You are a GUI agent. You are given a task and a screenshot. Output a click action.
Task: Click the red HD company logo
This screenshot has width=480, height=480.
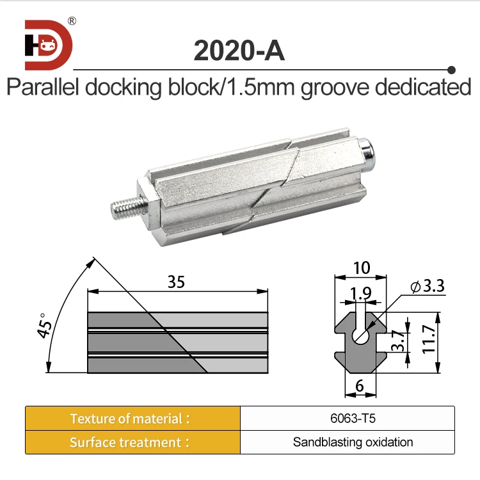(49, 44)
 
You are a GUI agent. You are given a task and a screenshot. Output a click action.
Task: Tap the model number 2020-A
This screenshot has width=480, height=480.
(239, 51)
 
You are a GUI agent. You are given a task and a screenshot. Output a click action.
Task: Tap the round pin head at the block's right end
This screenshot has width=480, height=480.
(367, 152)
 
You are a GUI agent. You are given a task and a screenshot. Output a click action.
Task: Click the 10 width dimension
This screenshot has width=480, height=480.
(362, 268)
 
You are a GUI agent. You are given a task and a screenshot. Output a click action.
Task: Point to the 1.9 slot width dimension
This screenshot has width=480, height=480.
(362, 295)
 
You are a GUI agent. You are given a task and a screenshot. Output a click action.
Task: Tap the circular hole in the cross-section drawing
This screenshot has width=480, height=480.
(362, 333)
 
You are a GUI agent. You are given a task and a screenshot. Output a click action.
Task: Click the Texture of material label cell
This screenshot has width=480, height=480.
(132, 419)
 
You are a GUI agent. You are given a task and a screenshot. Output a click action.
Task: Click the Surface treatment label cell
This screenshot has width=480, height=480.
(132, 442)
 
